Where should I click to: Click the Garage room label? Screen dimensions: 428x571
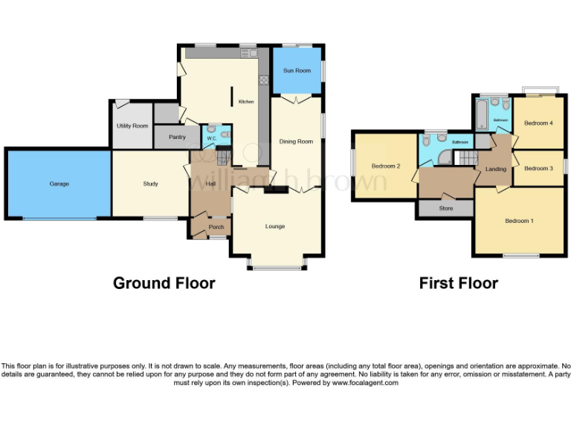[x=59, y=184]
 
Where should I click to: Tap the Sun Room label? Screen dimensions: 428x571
[x=297, y=71]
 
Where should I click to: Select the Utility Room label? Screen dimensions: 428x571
[x=132, y=126]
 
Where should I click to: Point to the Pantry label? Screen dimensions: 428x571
[x=177, y=137]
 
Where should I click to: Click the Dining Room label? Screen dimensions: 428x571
[x=296, y=141]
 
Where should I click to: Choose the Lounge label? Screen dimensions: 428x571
[x=275, y=226]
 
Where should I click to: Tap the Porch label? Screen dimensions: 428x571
[x=216, y=227]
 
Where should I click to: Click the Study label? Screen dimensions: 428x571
[x=150, y=184]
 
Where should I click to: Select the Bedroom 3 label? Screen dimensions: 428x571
[x=538, y=169]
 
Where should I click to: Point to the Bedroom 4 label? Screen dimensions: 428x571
[x=538, y=123]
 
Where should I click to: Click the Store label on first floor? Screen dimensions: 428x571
[x=446, y=209]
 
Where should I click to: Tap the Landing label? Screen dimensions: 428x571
[x=495, y=169]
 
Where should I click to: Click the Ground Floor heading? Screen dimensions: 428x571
[x=164, y=283]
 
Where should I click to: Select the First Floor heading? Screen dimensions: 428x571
[x=458, y=283]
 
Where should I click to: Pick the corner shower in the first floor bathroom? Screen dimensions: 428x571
[x=444, y=157]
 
